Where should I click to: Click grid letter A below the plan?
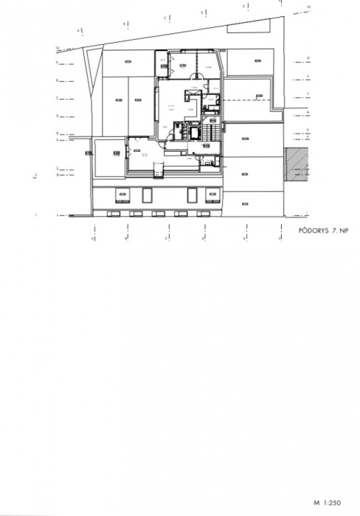click(92, 240)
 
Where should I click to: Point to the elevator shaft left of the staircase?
click(195, 133)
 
